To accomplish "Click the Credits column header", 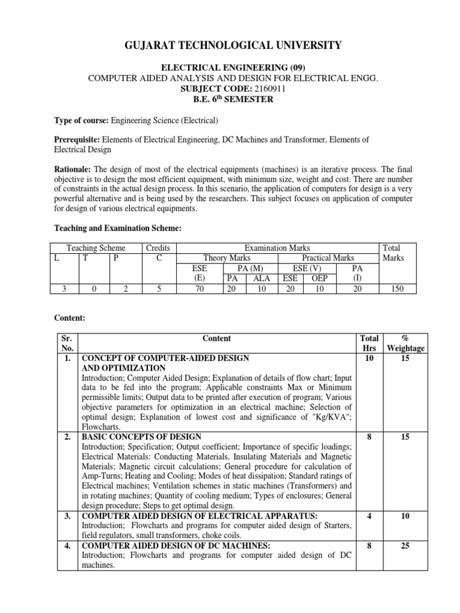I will (x=158, y=248).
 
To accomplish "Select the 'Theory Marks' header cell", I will (x=228, y=258).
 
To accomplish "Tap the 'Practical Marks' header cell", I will (x=328, y=258).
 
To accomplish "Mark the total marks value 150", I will (x=396, y=289).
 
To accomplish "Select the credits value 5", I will (x=158, y=289).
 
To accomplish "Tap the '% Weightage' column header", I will (x=405, y=343).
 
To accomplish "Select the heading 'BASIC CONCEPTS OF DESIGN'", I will (x=141, y=437).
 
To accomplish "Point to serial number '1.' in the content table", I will (x=68, y=359).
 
